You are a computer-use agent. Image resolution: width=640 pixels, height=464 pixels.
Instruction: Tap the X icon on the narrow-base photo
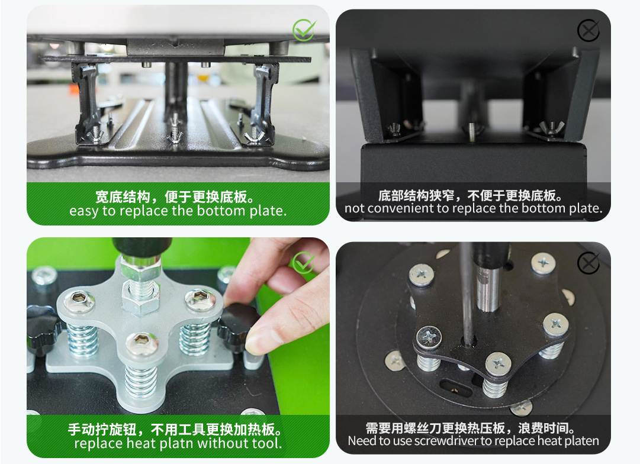588,30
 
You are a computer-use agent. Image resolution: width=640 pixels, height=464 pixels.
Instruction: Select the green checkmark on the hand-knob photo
304,262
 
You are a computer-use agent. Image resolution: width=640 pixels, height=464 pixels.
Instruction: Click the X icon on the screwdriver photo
588,263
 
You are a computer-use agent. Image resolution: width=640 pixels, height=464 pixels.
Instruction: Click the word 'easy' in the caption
84,211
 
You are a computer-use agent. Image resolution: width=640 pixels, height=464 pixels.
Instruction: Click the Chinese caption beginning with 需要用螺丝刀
471,428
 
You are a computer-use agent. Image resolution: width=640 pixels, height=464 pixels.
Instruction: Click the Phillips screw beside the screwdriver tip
428,337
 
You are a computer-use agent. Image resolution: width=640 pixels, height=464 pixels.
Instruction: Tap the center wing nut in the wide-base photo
175,136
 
